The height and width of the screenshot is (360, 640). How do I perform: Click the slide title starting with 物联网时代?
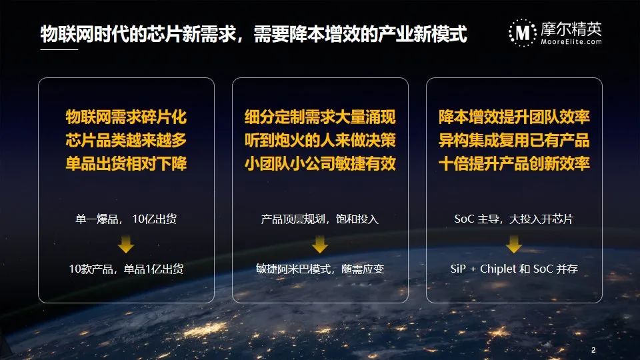[253, 34]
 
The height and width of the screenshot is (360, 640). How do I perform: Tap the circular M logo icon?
[523, 33]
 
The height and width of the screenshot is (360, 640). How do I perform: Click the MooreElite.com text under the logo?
[571, 41]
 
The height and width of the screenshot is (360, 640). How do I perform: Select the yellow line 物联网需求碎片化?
[126, 117]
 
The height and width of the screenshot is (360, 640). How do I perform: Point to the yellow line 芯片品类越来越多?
[126, 141]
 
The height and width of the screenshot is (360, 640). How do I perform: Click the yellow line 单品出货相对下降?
[126, 164]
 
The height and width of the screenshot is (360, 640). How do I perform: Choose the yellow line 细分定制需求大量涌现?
[320, 117]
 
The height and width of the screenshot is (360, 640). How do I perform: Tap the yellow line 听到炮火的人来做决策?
[320, 141]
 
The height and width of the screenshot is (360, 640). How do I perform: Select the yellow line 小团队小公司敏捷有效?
[320, 164]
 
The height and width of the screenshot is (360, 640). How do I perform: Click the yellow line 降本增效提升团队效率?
[514, 117]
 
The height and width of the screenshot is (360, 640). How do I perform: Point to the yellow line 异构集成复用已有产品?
[514, 141]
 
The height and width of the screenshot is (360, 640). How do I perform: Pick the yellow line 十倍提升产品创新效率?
[514, 164]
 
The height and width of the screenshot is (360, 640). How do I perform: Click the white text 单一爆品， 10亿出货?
[126, 219]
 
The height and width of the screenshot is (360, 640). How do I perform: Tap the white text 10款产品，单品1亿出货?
[126, 269]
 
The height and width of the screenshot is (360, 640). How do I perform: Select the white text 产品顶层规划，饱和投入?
[320, 219]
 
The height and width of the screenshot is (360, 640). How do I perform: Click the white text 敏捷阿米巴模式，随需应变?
[320, 269]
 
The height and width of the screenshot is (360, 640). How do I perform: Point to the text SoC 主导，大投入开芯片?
[514, 219]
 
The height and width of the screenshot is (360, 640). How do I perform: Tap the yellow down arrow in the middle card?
[320, 244]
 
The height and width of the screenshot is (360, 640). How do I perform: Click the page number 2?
[593, 350]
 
